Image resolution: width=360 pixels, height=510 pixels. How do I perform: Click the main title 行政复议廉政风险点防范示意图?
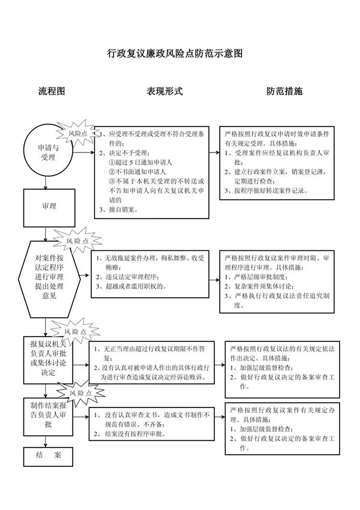(x=175, y=53)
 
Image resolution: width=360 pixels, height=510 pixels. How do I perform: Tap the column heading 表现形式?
(x=164, y=92)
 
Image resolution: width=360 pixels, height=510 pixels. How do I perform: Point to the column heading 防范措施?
(x=284, y=92)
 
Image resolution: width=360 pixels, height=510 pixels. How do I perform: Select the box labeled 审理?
(x=49, y=206)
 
